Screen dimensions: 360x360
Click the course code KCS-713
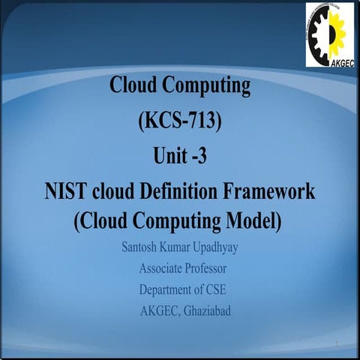point(180,122)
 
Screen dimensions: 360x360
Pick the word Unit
point(168,157)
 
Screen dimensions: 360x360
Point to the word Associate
point(161,268)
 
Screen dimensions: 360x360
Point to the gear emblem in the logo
point(328,30)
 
